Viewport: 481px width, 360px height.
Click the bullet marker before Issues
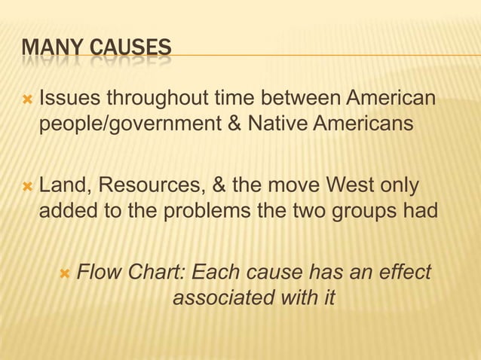coord(28,99)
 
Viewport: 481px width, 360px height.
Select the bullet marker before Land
coord(28,185)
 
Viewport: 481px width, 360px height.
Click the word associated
coord(222,297)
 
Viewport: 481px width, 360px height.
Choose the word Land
coord(63,185)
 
